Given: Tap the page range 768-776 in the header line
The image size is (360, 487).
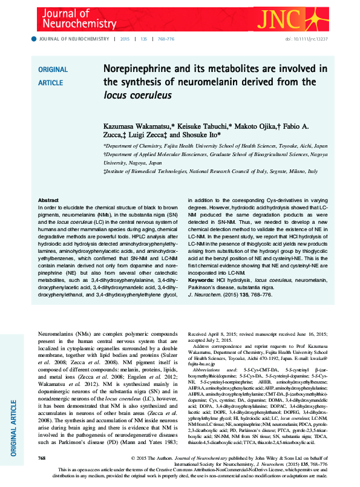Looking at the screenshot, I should tap(166, 39).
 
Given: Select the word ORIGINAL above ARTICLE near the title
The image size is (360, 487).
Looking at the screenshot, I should tap(53, 70).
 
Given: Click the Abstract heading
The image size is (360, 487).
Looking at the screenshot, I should tap(48, 200).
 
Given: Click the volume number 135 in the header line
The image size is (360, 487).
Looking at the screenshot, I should tap(143, 39).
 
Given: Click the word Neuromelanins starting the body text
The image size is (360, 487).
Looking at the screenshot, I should tap(58, 334).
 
